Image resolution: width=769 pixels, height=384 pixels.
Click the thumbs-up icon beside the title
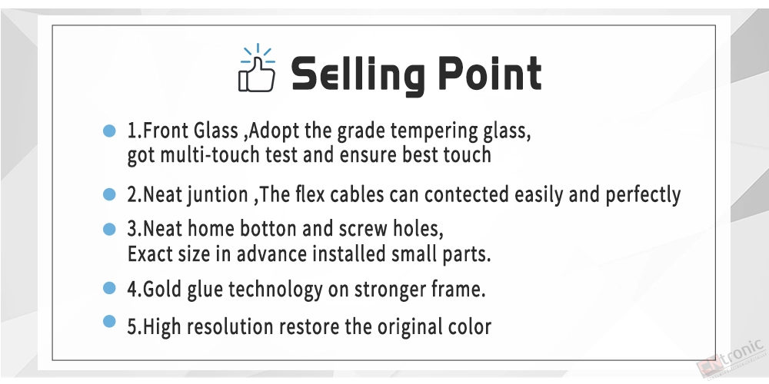tap(257, 68)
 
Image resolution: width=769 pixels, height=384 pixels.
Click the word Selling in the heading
tap(358, 75)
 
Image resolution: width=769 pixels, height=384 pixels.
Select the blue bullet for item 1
tap(109, 131)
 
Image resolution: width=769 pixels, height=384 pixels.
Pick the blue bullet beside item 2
tap(109, 194)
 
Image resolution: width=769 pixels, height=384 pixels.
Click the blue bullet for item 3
tap(109, 229)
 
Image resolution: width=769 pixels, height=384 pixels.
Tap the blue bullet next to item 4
tap(109, 287)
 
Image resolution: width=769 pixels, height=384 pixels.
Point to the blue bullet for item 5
tap(109, 321)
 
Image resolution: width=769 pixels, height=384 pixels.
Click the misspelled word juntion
tap(218, 195)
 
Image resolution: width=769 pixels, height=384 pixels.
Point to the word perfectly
tap(643, 195)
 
